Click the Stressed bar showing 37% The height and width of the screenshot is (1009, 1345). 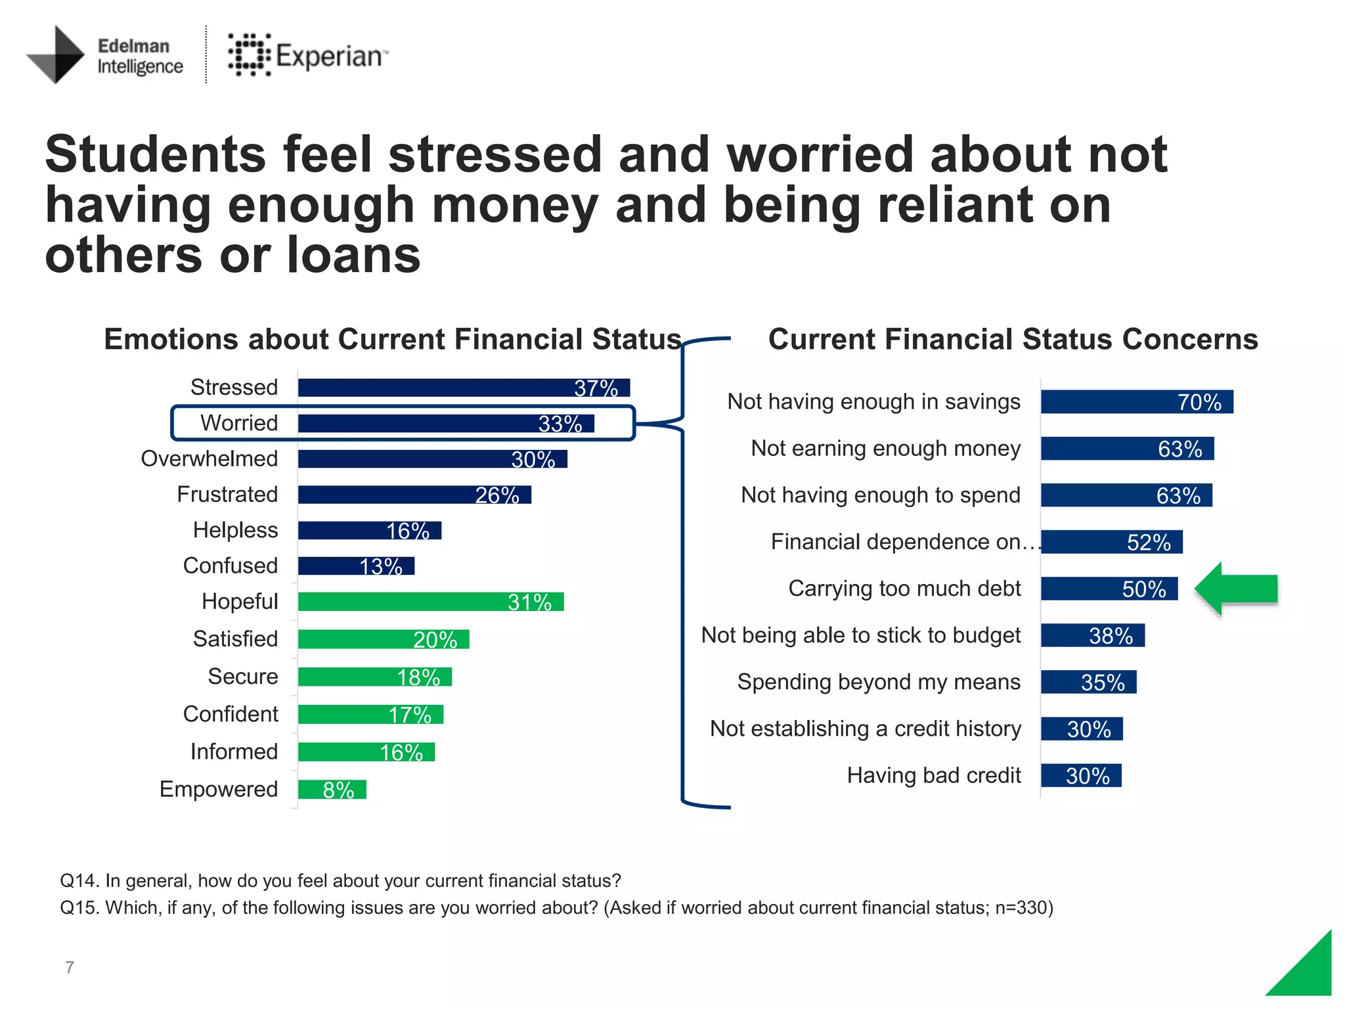click(464, 388)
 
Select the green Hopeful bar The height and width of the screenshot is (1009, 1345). click(430, 602)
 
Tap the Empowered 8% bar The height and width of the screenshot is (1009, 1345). click(332, 789)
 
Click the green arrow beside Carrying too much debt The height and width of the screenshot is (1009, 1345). click(1235, 589)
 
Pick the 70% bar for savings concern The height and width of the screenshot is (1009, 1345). click(1137, 402)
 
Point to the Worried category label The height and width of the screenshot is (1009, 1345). click(239, 423)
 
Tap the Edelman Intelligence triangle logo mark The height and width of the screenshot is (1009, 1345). click(58, 55)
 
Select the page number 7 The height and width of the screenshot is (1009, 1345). click(70, 967)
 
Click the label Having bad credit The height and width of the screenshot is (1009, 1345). click(933, 776)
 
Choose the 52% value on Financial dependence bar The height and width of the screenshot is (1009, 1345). click(1148, 543)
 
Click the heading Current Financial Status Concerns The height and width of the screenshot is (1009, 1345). click(1013, 340)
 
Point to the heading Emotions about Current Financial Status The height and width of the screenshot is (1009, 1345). click(393, 340)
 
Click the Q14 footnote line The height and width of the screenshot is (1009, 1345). click(340, 881)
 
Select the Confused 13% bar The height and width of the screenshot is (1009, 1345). click(356, 566)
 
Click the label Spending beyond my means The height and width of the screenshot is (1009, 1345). click(879, 682)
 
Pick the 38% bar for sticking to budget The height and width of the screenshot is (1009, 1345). click(1092, 636)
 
